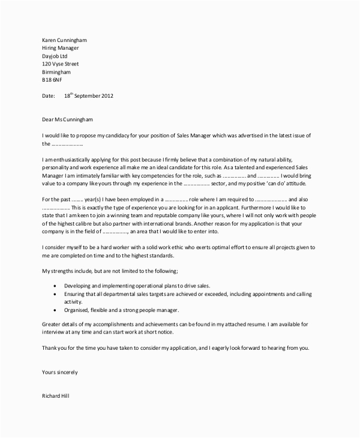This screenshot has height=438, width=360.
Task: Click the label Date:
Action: coord(49,95)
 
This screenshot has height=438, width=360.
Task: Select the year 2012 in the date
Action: coord(106,95)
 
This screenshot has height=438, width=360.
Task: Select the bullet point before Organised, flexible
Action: coord(56,310)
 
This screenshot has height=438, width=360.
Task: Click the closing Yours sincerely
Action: coord(60,373)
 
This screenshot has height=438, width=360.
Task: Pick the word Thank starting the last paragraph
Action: coord(51,349)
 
